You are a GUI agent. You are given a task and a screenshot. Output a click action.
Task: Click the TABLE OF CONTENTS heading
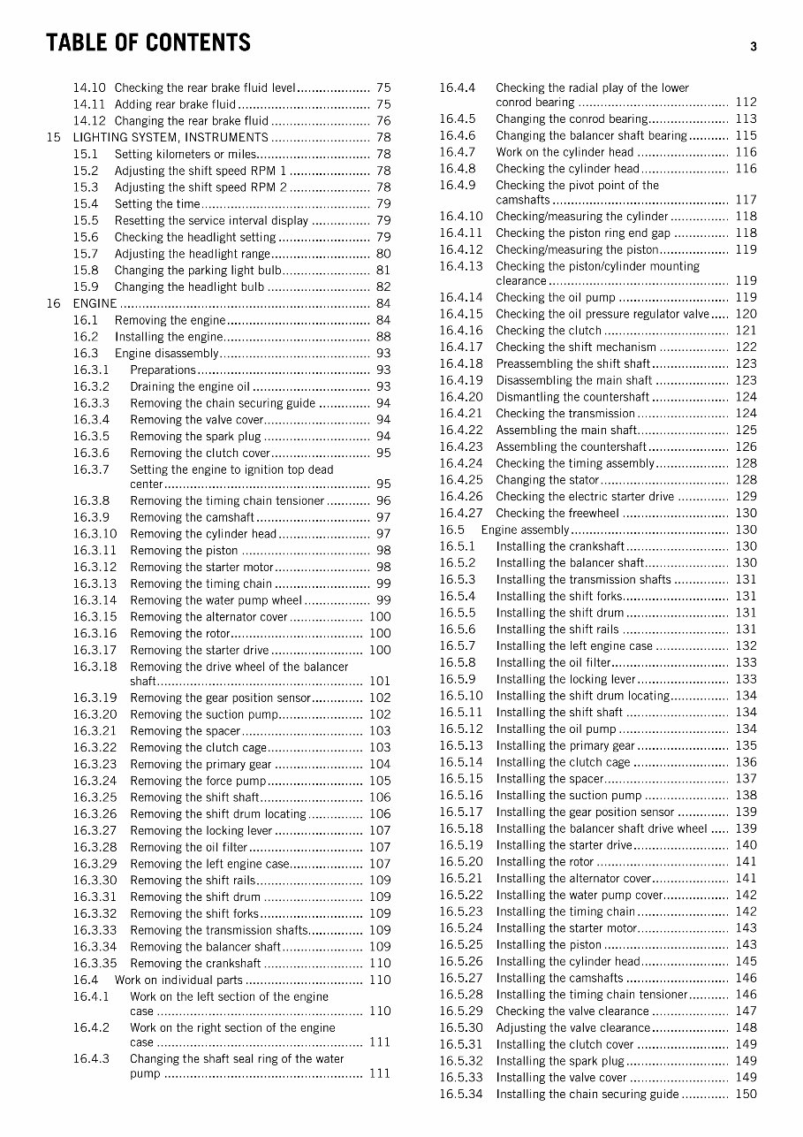coord(148,42)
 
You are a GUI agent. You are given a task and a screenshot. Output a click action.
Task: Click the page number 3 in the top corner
coord(754,47)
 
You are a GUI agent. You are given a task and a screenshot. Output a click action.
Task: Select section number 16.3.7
coord(91,469)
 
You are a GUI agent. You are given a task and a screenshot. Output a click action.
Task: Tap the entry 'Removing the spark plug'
coord(195,436)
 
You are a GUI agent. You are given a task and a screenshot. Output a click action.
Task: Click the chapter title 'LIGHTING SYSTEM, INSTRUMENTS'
coord(170,138)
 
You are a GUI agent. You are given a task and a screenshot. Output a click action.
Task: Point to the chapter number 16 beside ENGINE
coord(54,303)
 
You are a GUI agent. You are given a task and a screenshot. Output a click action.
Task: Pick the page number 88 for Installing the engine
coord(383,337)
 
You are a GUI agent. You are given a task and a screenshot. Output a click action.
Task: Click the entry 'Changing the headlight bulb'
coord(189,286)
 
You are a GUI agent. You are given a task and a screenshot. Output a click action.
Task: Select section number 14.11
coord(89,104)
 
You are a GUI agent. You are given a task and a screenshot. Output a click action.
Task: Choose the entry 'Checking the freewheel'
coord(557,513)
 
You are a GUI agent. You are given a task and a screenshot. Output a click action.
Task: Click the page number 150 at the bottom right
coord(746,1094)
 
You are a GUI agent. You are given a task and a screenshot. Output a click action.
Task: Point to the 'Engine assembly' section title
coord(526,530)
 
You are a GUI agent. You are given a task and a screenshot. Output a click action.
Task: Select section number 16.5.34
coord(461,1094)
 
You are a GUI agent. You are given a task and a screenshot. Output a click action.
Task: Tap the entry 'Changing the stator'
coord(547,480)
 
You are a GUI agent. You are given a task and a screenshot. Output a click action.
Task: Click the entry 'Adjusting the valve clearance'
coord(572,1027)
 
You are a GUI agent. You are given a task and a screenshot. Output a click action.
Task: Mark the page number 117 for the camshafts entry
coord(746,200)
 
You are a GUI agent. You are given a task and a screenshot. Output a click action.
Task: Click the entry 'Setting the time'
coord(157,204)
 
